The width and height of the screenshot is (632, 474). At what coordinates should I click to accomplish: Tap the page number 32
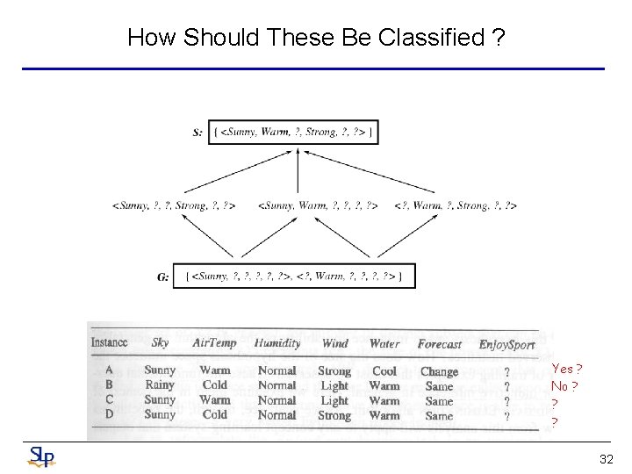(x=606, y=459)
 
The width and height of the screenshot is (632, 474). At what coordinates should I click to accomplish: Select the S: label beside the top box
(x=197, y=133)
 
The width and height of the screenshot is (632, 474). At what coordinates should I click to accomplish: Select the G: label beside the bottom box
(x=163, y=277)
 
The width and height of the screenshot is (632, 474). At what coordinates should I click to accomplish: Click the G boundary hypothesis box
(x=294, y=276)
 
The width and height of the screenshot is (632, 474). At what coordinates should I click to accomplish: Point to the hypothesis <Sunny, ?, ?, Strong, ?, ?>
(x=174, y=205)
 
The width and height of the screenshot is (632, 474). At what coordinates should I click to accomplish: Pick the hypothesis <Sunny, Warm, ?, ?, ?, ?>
(x=318, y=205)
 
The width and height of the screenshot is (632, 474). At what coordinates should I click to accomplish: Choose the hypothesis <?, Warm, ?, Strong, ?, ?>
(x=456, y=205)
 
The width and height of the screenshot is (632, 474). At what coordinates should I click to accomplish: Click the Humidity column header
(x=277, y=343)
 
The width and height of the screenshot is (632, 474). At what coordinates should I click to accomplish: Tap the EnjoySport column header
(x=506, y=345)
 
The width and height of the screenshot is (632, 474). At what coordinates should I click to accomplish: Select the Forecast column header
(x=439, y=344)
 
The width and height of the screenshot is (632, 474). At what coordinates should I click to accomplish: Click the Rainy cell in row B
(x=160, y=384)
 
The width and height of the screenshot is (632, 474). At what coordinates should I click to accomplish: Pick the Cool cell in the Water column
(x=384, y=371)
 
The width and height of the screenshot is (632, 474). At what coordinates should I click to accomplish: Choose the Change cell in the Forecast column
(x=439, y=372)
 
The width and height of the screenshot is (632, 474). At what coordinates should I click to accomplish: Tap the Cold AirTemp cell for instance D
(x=215, y=414)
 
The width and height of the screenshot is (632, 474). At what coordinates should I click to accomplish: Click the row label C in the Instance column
(x=109, y=399)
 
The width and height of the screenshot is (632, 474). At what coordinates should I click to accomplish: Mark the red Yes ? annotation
(x=567, y=370)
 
